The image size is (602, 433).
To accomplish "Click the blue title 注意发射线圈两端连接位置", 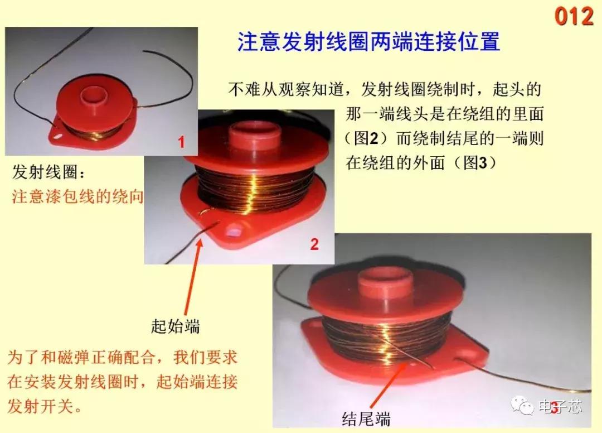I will click(x=368, y=42).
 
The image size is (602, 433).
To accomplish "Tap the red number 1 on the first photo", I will click(x=181, y=143).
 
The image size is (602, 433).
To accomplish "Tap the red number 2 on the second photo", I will click(x=314, y=244).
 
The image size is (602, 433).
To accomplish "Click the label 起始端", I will click(x=175, y=326).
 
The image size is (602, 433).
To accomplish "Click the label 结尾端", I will click(x=366, y=418).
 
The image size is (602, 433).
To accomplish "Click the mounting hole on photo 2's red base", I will click(x=234, y=229).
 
